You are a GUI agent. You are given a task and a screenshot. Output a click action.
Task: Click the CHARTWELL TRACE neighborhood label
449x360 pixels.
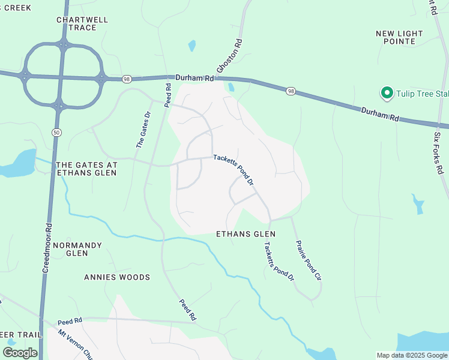coord(82,23)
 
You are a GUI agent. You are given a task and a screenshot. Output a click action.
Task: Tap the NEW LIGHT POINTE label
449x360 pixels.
coord(399,37)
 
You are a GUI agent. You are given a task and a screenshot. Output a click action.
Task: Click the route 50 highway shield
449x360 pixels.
coord(55,132)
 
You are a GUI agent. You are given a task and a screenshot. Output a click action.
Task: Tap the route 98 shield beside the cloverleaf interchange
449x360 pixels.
coord(126,79)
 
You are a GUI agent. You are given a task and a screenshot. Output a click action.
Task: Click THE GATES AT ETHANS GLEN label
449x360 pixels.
coord(86,168)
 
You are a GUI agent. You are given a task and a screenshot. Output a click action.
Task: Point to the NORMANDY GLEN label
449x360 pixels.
coord(77,249)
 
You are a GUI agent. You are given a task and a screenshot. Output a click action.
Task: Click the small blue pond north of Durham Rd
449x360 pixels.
coord(191,46)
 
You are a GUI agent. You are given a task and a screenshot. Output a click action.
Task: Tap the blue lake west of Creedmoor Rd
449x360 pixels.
coord(18,164)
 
